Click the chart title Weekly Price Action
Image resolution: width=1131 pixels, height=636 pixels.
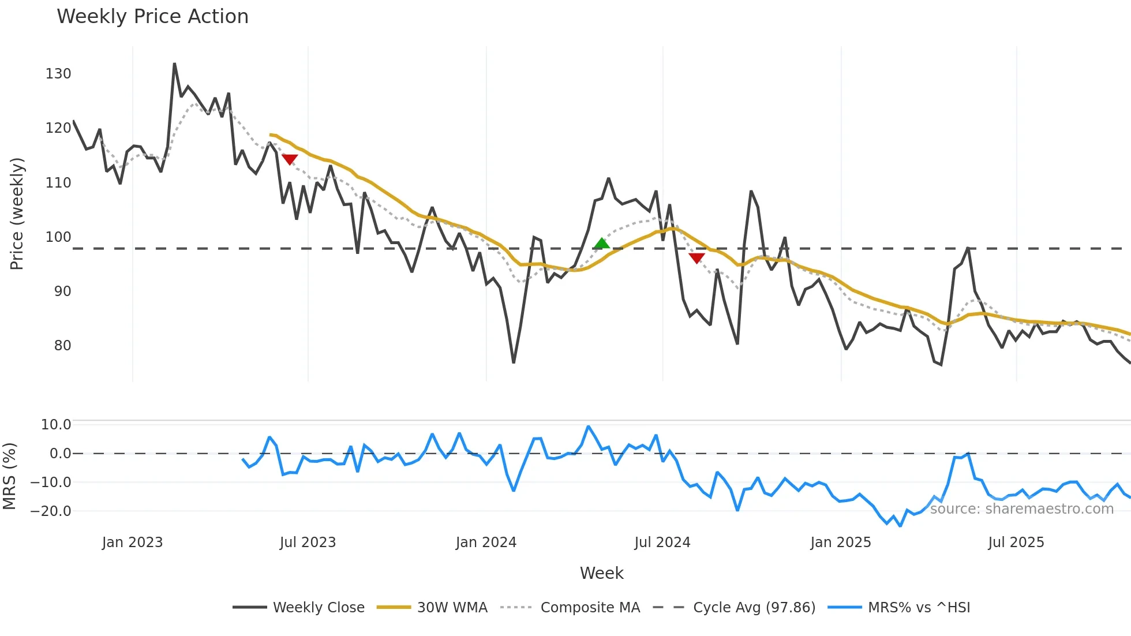[x=152, y=16]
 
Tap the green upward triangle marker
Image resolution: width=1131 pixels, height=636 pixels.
[x=601, y=244]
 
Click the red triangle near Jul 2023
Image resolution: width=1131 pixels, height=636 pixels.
[x=290, y=159]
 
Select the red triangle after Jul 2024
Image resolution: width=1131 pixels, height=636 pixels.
[x=696, y=258]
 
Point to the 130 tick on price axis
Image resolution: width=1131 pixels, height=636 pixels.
[x=58, y=74]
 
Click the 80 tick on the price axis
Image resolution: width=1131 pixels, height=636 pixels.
[x=62, y=346]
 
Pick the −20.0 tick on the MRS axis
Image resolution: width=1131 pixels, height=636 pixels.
[x=51, y=511]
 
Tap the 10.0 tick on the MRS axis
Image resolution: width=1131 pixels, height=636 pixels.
[x=56, y=425]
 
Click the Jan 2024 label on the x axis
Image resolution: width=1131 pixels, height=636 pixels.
[x=486, y=543]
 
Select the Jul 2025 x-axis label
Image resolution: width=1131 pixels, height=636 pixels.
[x=1016, y=543]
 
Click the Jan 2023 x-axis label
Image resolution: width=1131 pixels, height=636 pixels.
[x=132, y=543]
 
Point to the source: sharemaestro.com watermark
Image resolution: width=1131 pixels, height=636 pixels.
[x=1021, y=509]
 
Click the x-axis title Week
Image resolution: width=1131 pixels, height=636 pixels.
[x=601, y=573]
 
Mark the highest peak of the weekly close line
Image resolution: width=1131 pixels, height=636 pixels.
[x=174, y=63]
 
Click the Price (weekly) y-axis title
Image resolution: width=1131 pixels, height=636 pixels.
[x=17, y=214]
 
